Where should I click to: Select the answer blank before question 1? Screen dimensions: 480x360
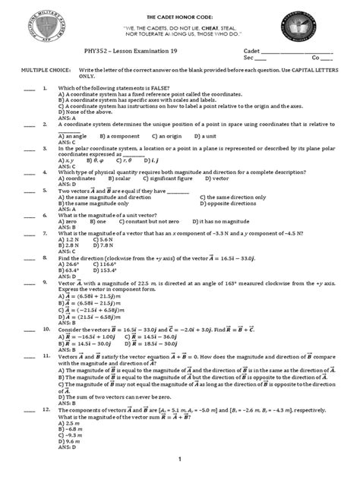pyautogui.click(x=30, y=89)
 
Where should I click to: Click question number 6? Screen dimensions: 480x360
pyautogui.click(x=46, y=215)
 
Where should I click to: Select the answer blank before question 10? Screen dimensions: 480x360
pyautogui.click(x=30, y=331)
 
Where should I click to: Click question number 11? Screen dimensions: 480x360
pyautogui.click(x=46, y=355)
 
